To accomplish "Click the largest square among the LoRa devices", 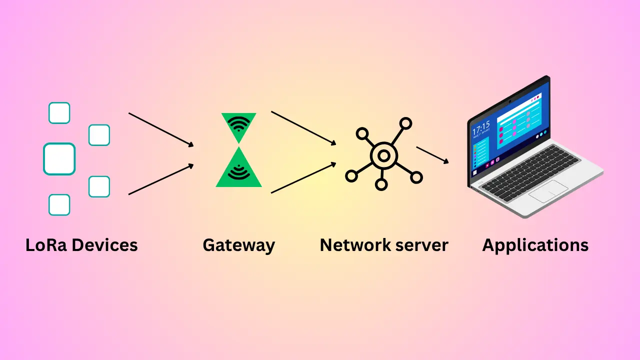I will (x=59, y=159).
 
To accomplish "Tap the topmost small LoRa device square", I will (x=59, y=113).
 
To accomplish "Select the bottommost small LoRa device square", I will (x=59, y=204).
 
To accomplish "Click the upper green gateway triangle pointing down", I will (x=239, y=125).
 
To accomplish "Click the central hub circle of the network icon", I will (x=383, y=156).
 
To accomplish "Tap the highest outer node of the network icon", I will (x=406, y=123).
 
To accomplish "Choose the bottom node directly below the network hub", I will (x=381, y=185).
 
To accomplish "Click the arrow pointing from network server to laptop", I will (x=432, y=154).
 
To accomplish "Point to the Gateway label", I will (x=238, y=245).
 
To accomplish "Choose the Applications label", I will (x=535, y=245).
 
